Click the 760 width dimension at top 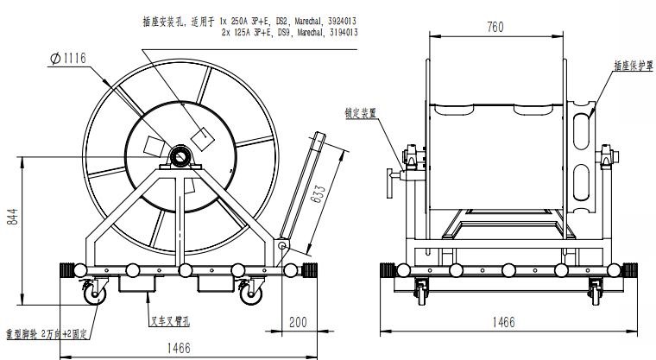(495, 27)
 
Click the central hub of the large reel (181, 157)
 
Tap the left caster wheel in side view (92, 295)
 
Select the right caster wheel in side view (250, 295)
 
